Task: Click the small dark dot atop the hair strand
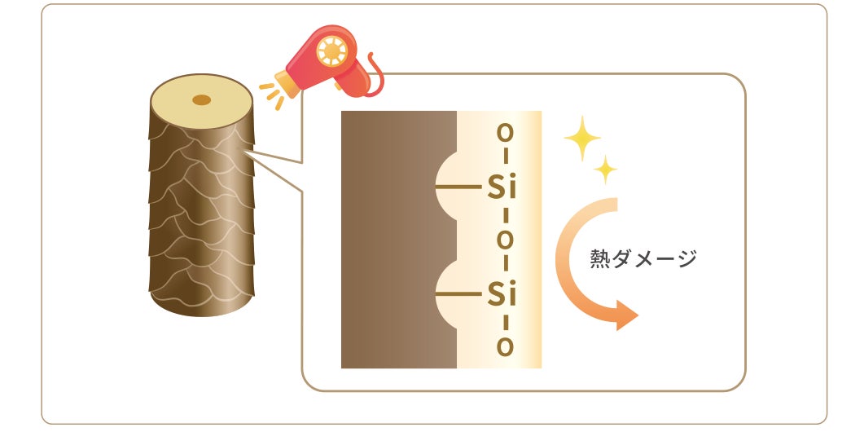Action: (200, 100)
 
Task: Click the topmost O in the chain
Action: (505, 132)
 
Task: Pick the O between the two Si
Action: (505, 240)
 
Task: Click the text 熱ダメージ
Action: (643, 259)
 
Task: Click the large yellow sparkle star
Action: (581, 139)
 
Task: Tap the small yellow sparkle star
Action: (605, 170)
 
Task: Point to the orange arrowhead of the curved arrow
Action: (625, 315)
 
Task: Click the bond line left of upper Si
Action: (458, 187)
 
